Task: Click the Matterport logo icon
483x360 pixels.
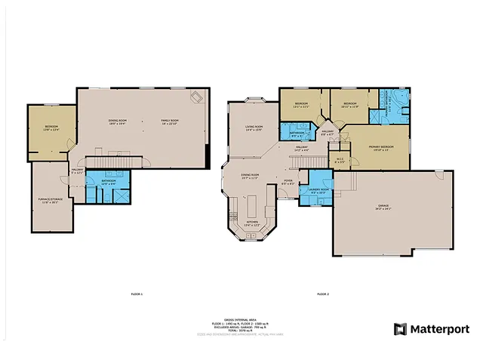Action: pos(400,329)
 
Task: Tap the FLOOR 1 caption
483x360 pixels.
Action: pos(137,293)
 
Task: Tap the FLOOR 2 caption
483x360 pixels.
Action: pos(323,293)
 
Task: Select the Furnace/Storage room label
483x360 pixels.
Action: pos(51,202)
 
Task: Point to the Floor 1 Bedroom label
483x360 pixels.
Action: pos(51,128)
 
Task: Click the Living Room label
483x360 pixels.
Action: pos(253,128)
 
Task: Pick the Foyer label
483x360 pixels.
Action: pos(288,182)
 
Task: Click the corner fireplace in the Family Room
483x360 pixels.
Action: pos(197,97)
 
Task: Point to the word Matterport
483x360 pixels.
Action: pos(439,329)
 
